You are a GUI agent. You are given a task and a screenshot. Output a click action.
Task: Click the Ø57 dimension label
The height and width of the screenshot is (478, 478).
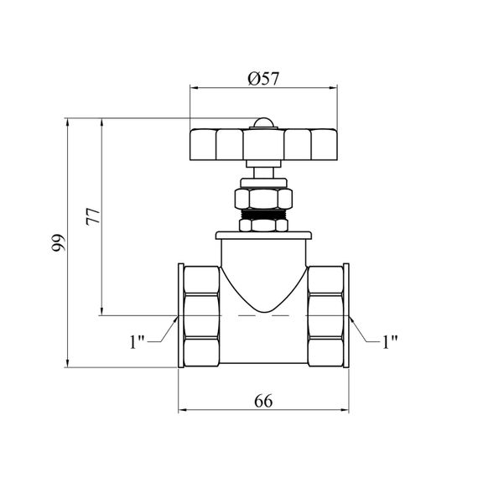(263, 79)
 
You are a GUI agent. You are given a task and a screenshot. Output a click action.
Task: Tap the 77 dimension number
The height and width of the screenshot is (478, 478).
(93, 216)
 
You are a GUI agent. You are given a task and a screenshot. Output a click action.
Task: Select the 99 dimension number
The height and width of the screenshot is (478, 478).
(58, 242)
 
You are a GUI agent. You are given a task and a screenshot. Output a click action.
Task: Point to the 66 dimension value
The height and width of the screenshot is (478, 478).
(263, 401)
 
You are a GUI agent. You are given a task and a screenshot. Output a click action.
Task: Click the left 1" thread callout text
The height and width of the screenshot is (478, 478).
(137, 341)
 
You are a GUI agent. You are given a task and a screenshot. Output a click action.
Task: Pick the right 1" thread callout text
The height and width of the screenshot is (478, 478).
(390, 341)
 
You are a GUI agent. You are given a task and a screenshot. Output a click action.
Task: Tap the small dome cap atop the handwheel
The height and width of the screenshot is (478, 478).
(263, 123)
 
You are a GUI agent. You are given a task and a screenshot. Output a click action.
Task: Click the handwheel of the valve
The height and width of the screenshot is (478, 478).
(263, 144)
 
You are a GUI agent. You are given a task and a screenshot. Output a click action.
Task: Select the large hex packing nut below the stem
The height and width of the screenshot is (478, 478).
(263, 199)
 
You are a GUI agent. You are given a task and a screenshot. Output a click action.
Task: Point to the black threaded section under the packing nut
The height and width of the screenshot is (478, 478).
(263, 214)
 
